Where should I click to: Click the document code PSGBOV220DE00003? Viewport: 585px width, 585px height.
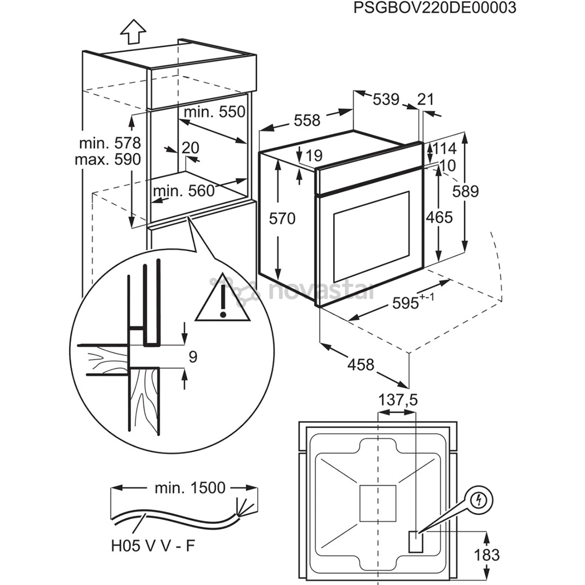pos(434,9)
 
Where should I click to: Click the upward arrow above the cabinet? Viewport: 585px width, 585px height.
pos(133,31)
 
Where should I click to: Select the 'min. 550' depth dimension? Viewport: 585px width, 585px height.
pos(215,112)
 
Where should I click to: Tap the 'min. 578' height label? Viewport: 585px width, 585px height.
pos(110,144)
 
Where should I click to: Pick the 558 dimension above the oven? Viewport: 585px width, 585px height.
pos(307,120)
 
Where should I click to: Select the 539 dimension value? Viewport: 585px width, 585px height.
pos(386,100)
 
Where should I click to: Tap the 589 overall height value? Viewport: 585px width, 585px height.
pos(466,191)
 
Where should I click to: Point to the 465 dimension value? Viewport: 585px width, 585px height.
pos(439,217)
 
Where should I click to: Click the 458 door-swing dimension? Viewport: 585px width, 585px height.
pos(361,365)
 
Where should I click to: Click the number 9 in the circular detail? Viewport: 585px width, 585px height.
pos(193,356)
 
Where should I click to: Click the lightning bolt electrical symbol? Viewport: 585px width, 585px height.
pos(477,502)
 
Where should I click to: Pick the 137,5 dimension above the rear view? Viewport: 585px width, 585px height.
pos(398,400)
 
